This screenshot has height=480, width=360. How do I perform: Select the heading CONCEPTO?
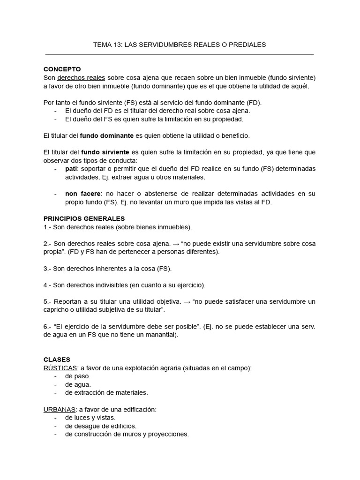click(62, 69)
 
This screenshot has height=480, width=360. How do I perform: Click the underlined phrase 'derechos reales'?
click(81, 77)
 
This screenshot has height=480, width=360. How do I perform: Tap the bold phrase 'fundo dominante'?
click(107, 135)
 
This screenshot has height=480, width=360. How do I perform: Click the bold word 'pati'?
click(71, 168)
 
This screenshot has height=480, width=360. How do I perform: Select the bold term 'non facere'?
click(82, 194)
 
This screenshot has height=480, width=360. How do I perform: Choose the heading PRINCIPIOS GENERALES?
click(84, 218)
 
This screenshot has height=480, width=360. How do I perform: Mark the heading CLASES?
click(56, 360)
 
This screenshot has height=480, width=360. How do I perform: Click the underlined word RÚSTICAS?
click(60, 368)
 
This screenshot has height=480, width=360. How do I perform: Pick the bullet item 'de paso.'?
click(78, 376)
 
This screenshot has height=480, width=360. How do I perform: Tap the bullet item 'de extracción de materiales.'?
click(106, 392)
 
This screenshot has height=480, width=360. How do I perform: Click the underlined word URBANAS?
click(59, 409)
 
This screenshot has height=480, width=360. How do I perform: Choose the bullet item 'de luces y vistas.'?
click(90, 417)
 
